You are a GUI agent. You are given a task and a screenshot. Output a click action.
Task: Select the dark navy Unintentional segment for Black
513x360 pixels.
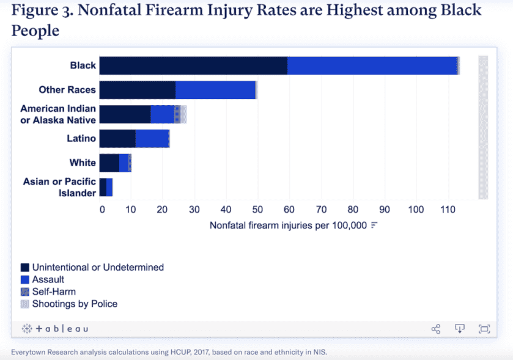(193, 65)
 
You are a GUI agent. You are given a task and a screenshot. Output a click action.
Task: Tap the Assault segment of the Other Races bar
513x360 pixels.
(215, 90)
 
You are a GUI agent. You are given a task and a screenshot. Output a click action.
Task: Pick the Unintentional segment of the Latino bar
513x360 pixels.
(117, 139)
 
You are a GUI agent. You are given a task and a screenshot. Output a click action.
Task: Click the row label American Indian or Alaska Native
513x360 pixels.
(58, 114)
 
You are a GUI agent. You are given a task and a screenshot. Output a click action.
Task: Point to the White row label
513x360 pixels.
(83, 163)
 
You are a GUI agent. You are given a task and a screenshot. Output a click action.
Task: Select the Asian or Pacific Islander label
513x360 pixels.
(59, 187)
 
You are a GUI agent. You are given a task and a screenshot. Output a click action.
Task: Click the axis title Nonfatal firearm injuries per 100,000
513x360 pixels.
(288, 225)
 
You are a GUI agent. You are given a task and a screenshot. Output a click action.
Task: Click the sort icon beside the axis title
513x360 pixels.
(374, 225)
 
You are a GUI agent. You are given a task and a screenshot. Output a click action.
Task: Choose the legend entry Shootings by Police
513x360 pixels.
(75, 304)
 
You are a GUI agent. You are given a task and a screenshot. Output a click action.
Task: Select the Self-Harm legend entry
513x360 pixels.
(54, 292)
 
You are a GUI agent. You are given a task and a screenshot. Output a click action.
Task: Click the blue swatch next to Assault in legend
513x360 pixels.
(25, 279)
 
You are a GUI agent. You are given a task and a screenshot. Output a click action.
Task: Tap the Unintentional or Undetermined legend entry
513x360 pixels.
(98, 267)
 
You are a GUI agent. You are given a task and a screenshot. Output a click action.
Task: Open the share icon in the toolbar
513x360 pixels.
(436, 329)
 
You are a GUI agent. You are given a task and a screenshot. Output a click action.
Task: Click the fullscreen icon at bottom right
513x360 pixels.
(484, 329)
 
